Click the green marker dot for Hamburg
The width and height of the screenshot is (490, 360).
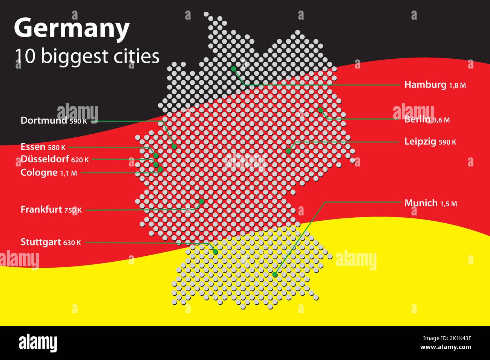coord(234,69)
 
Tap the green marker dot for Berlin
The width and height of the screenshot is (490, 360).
coord(320,110)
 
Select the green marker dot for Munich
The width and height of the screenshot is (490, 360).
coord(275,275)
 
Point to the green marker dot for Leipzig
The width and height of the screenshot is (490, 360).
coord(288,151)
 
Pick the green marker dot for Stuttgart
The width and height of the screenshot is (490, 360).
coord(216,252)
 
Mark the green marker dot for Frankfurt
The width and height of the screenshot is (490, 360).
coord(202,201)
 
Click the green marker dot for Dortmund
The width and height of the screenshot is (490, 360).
coord(174,146)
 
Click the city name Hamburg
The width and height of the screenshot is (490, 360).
coord(425,85)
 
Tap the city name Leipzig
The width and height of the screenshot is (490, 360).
coord(420,142)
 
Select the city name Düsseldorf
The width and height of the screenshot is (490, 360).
coord(45,159)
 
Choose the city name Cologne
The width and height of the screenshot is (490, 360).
coord(39,173)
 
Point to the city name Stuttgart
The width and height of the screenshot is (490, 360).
coord(41,242)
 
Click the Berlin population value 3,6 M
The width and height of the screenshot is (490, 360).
coord(441,120)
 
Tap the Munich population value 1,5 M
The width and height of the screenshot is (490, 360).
coord(449,204)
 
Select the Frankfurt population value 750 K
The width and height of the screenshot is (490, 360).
coord(73,210)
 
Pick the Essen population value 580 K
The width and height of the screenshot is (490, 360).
coord(57,148)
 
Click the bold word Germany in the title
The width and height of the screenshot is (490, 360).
coord(72,29)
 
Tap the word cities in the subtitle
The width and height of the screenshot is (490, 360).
coord(136,56)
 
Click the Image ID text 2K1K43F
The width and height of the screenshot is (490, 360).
coord(459,339)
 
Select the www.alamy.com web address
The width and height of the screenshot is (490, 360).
coord(446,347)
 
